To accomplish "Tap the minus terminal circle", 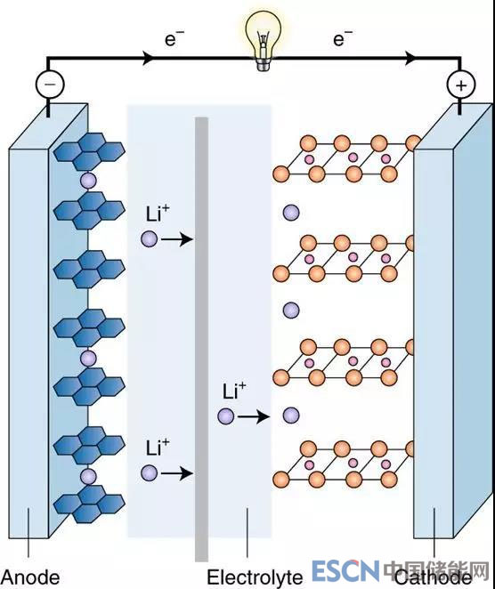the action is pyautogui.click(x=50, y=85).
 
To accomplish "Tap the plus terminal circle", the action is pyautogui.click(x=461, y=85).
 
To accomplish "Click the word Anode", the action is pyautogui.click(x=31, y=577).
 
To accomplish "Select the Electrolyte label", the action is pyautogui.click(x=255, y=577).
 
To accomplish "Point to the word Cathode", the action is pyautogui.click(x=433, y=578).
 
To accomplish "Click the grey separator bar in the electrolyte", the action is pyautogui.click(x=201, y=339).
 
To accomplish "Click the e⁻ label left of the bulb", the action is pyautogui.click(x=174, y=38).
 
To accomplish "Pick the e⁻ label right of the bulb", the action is pyautogui.click(x=343, y=38).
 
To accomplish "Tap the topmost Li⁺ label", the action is pyautogui.click(x=158, y=214).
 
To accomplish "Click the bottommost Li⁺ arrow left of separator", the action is pyautogui.click(x=177, y=473).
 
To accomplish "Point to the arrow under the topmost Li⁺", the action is pyautogui.click(x=177, y=239).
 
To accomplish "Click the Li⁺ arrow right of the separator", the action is pyautogui.click(x=254, y=416).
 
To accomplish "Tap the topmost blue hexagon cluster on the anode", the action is pyautogui.click(x=89, y=151).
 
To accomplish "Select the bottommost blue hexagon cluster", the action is pyautogui.click(x=89, y=504).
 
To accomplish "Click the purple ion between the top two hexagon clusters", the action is pyautogui.click(x=89, y=181).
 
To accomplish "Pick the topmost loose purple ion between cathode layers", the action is pyautogui.click(x=291, y=213).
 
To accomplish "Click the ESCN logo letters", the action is pyautogui.click(x=345, y=570).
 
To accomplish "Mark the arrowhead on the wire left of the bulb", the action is pyautogui.click(x=150, y=58).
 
